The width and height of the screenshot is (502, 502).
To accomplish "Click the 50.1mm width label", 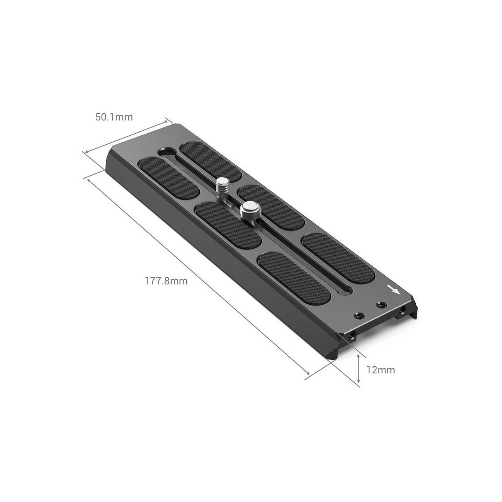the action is tap(114, 117).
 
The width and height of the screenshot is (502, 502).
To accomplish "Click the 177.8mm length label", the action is tap(166, 281).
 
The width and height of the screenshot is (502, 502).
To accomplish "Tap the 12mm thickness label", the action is tap(380, 370).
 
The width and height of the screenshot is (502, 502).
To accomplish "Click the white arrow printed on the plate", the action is tap(394, 290).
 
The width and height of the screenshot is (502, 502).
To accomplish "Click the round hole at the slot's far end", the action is tap(167, 151).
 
